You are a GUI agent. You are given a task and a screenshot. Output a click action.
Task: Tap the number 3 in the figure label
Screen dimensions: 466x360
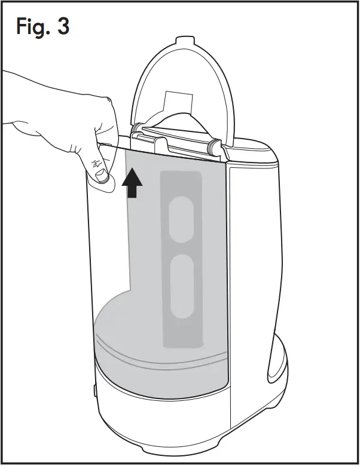(62, 27)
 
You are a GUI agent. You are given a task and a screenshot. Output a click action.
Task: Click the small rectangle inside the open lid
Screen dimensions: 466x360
(177, 102)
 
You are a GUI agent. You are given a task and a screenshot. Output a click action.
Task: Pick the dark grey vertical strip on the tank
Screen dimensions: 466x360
(181, 257)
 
